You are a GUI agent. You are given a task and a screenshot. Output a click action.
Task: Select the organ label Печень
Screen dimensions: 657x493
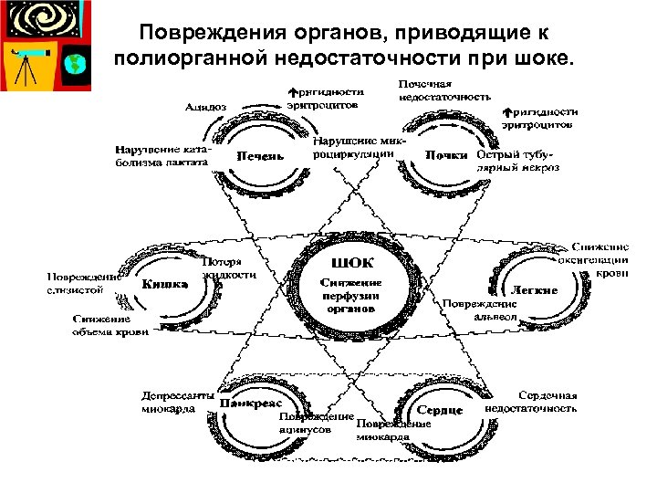click(261, 155)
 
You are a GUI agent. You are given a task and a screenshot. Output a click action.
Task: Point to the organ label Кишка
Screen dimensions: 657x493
click(164, 284)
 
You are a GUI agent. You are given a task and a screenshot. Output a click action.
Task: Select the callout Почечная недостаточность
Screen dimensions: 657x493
click(444, 89)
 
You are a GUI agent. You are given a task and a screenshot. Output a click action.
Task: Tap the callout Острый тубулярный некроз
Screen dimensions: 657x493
click(516, 162)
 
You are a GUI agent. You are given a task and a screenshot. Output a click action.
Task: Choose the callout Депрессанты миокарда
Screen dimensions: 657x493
click(179, 402)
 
